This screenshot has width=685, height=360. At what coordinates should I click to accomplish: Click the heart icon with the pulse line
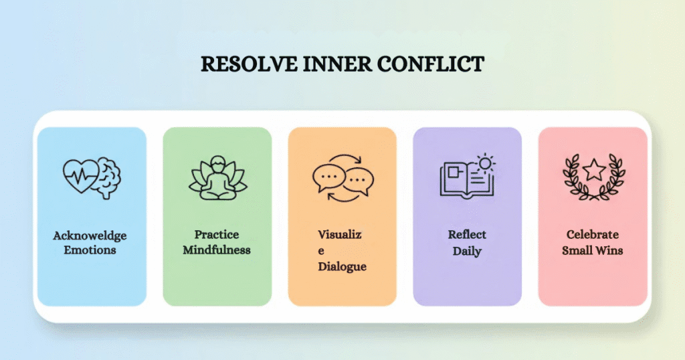coord(80,176)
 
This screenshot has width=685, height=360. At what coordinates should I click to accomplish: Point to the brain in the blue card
coord(106,177)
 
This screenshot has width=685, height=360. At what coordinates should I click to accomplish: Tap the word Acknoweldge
coord(90,236)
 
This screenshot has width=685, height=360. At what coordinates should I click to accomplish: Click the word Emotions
coord(90,250)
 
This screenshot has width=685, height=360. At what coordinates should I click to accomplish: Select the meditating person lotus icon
coord(217,178)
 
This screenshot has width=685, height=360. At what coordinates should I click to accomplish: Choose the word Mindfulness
coord(217,250)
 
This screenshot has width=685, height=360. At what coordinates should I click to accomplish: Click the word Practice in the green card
coord(217,235)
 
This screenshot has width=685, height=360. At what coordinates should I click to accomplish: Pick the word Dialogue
coord(342,266)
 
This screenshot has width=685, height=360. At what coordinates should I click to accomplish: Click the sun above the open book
coord(484,162)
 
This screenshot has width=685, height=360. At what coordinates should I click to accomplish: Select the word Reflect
coord(467,235)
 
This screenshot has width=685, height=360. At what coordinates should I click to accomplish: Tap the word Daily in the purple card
coord(467,251)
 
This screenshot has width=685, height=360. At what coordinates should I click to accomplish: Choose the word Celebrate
coord(593,235)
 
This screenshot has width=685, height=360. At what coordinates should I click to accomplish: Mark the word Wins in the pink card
coord(609,251)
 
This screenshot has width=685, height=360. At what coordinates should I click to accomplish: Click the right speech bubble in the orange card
coord(359,181)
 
